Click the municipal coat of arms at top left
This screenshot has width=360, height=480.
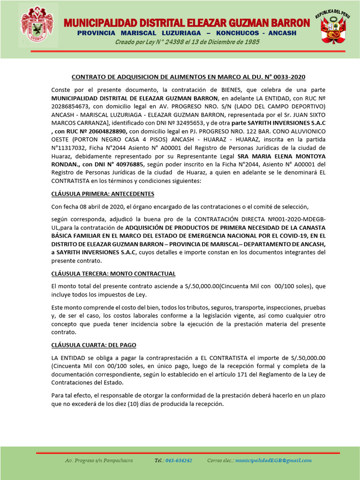click(x=38, y=26)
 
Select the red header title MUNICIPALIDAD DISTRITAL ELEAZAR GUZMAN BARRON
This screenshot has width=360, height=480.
click(x=187, y=23)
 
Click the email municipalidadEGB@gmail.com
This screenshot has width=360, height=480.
click(x=273, y=461)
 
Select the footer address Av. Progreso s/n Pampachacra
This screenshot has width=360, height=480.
click(x=99, y=461)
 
